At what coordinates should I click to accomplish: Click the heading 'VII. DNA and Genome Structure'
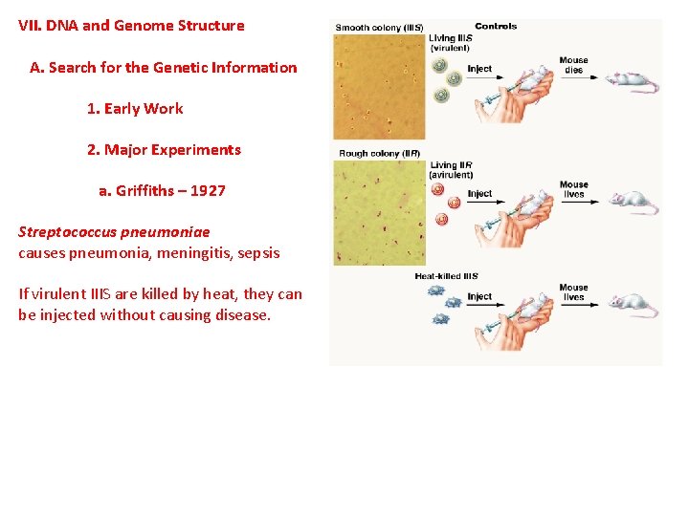coord(131,26)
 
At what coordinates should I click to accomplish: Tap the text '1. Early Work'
coord(135,108)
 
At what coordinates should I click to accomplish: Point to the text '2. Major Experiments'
coord(164,149)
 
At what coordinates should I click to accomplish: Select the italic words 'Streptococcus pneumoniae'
coord(114,231)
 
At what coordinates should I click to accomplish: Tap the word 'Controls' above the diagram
coord(496,26)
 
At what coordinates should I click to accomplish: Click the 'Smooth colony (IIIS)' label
coord(379,27)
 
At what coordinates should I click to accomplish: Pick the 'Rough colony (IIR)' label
coord(379,153)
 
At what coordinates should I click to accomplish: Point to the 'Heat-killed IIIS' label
coord(446,276)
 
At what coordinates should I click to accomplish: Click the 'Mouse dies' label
coord(573,65)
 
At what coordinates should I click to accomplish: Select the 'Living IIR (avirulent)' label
coord(451,170)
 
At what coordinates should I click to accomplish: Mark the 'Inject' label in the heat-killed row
coord(479,296)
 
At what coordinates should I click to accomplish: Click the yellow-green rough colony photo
coord(379,212)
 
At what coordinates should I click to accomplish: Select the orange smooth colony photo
coord(379,86)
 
